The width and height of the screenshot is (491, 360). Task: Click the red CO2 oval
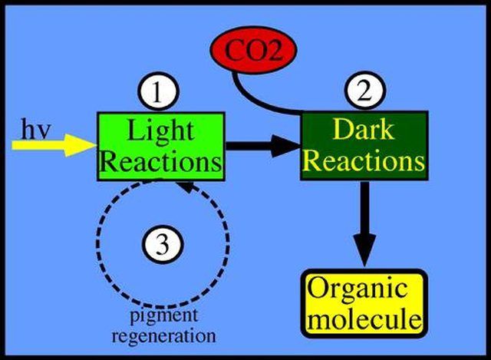coord(253,50)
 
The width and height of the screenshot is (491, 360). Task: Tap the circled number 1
coord(159,92)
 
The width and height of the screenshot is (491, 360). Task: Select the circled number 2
coord(365,91)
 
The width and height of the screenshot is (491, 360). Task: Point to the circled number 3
coord(163,244)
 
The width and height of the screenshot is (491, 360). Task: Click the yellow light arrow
coord(54,145)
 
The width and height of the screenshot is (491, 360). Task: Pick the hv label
coord(35,128)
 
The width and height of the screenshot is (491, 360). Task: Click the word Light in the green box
coord(161,130)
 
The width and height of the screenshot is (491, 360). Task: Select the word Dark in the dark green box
coord(363,129)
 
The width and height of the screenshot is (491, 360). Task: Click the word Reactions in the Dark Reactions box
coord(364,160)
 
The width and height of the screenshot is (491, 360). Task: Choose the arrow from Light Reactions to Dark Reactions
coord(263,146)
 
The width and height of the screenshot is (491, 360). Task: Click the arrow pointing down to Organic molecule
coord(364,223)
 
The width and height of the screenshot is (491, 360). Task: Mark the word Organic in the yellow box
coord(358,289)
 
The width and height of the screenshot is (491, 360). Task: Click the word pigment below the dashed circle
coord(164,315)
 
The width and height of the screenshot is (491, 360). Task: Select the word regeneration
coord(164,337)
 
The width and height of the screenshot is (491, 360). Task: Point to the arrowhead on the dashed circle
coord(188,187)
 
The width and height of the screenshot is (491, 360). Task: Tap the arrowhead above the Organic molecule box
coord(364,250)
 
